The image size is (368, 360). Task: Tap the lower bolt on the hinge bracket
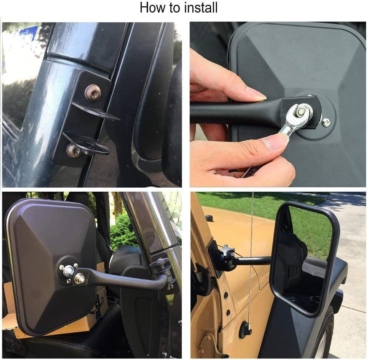click(x=74, y=150)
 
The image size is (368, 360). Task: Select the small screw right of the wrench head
click(x=327, y=122)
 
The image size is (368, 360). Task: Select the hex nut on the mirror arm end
click(x=80, y=278)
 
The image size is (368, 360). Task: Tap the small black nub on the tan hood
click(x=209, y=218)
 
